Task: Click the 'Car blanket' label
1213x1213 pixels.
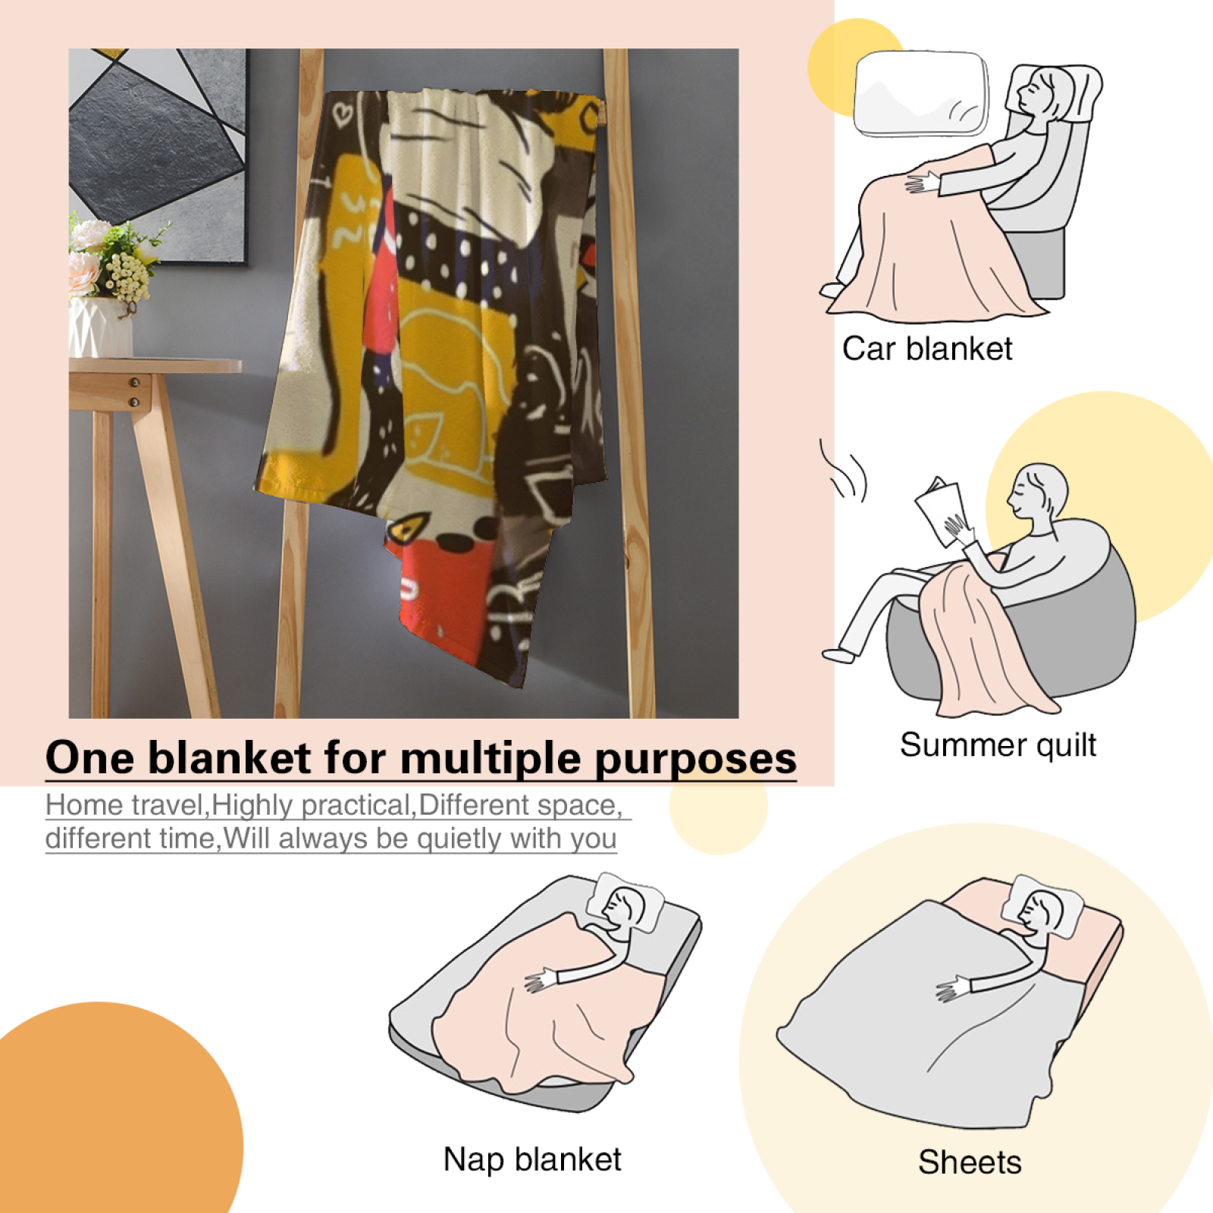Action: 927,349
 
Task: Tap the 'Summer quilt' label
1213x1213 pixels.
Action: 998,745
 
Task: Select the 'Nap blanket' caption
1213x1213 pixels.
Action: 532,1160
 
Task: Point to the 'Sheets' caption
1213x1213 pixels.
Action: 970,1162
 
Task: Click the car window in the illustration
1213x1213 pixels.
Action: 921,93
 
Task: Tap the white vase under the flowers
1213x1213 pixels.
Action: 100,328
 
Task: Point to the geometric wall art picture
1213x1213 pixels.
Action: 158,155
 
